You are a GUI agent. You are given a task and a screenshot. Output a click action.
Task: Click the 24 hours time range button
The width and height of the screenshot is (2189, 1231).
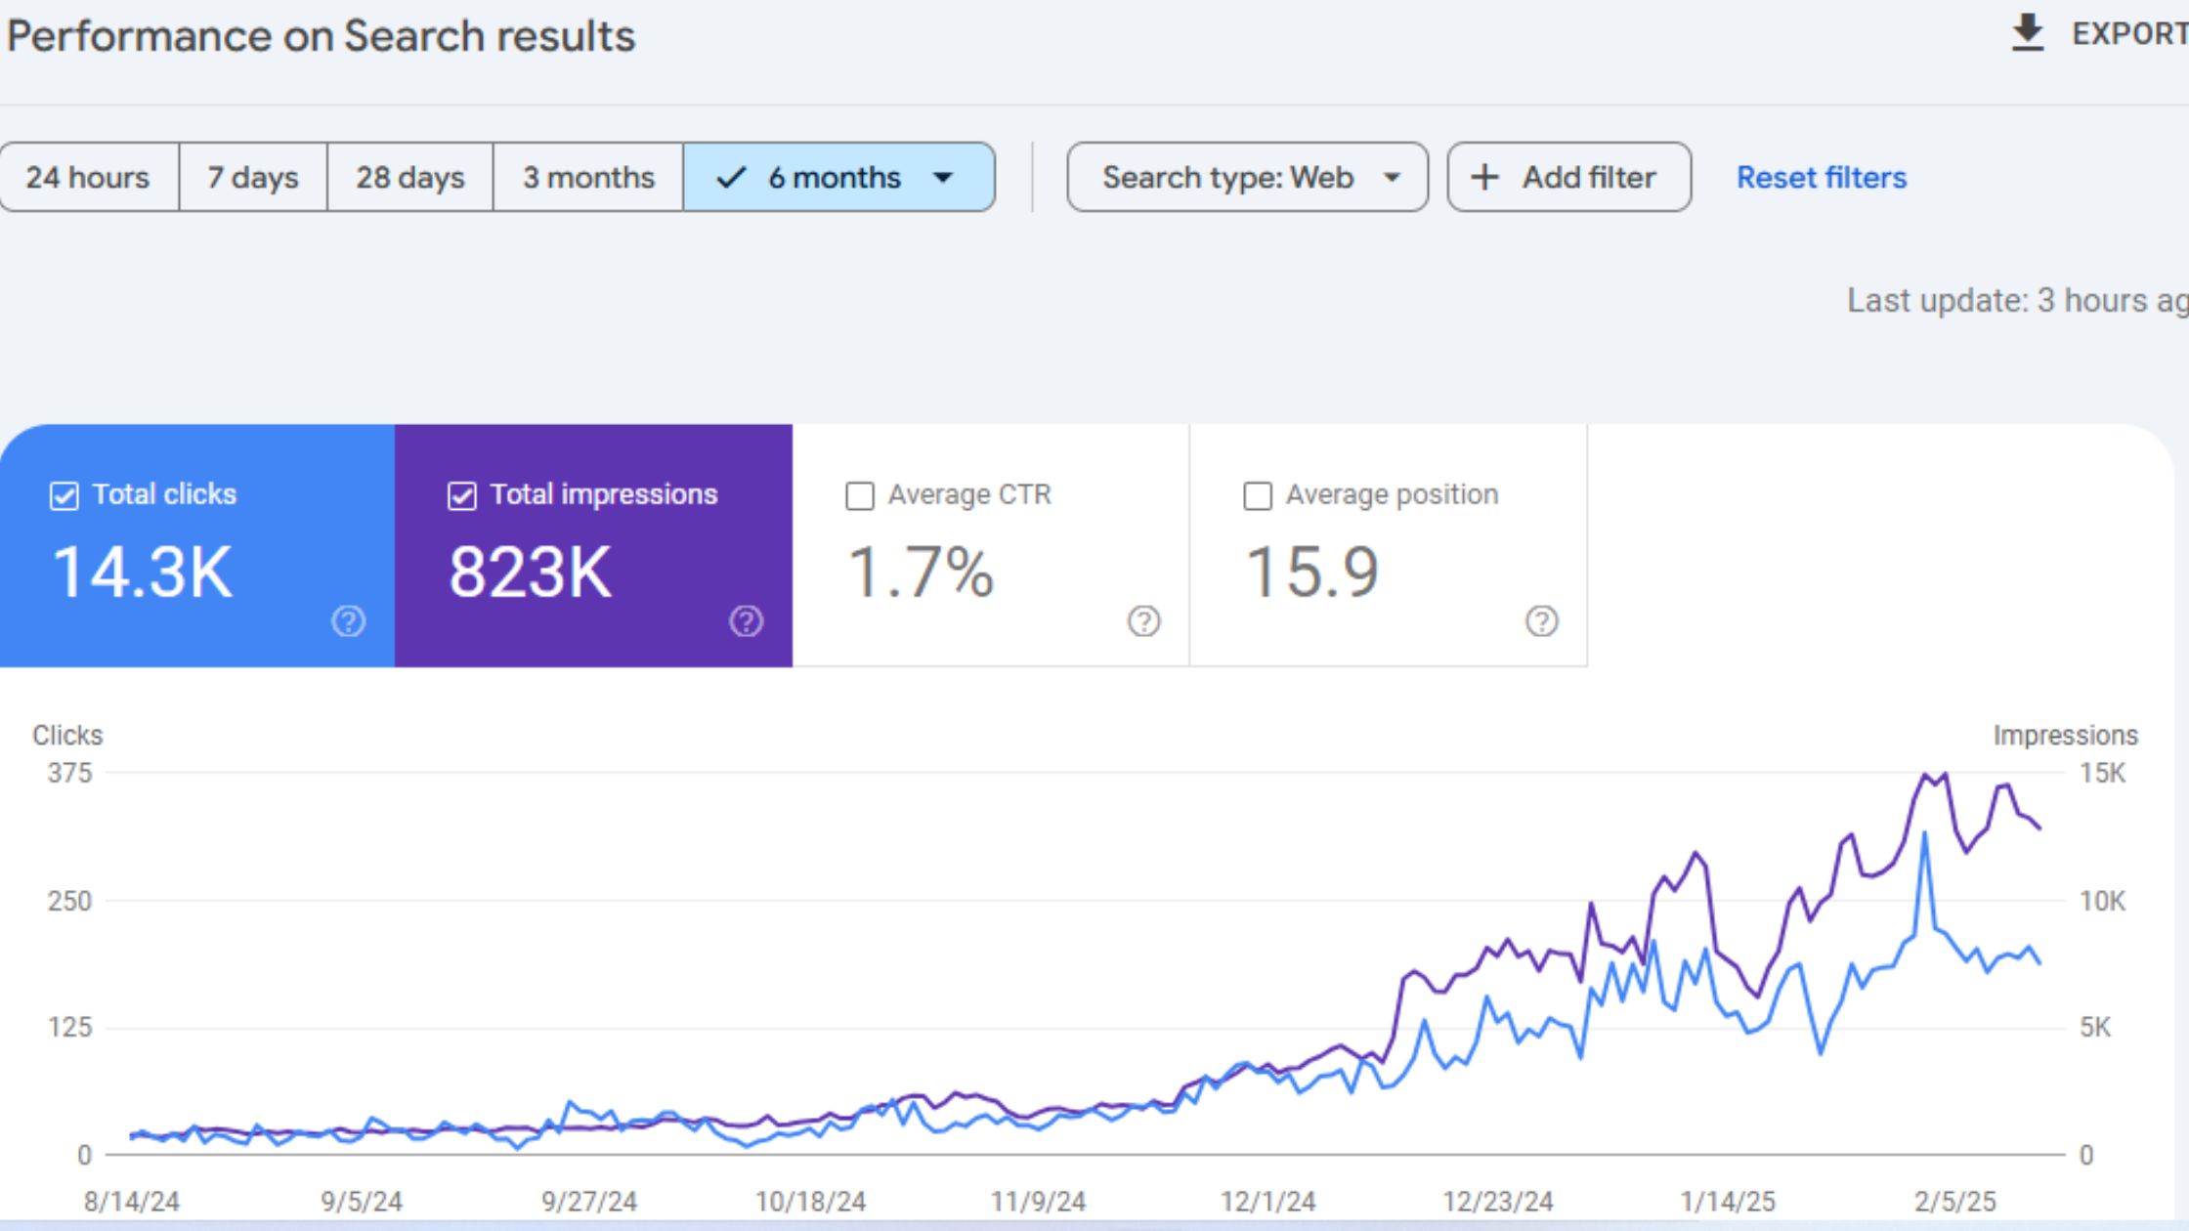(x=88, y=177)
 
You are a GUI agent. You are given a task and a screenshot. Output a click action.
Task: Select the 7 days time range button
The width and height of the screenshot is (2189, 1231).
(x=252, y=177)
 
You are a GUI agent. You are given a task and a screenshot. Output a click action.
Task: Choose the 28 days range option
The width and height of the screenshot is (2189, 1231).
(x=409, y=177)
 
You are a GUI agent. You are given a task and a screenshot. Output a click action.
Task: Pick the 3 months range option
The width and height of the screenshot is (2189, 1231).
(x=588, y=177)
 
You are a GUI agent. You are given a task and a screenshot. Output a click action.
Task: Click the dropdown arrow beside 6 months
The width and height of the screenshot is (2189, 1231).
(x=943, y=177)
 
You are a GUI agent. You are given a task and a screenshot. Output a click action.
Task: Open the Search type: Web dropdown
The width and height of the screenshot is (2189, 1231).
(x=1247, y=177)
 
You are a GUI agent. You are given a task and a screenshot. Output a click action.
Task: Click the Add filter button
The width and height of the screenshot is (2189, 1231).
(x=1568, y=177)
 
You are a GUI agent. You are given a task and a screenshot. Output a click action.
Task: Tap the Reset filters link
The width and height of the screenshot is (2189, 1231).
(x=1821, y=177)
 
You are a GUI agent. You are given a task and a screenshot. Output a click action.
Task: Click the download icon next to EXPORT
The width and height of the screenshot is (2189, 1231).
(x=2028, y=33)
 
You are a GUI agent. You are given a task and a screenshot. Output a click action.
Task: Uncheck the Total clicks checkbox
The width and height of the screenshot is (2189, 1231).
(x=64, y=495)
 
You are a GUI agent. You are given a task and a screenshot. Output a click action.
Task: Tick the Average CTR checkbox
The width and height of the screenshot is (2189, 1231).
(x=860, y=495)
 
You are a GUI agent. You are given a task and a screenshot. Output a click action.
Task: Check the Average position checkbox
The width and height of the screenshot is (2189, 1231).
(x=1258, y=495)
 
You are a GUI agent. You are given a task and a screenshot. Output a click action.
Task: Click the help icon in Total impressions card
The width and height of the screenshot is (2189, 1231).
(x=746, y=621)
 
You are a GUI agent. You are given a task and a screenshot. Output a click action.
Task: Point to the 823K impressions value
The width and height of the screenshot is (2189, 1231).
(x=531, y=572)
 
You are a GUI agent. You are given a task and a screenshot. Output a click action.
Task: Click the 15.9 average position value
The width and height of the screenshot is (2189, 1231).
(x=1311, y=572)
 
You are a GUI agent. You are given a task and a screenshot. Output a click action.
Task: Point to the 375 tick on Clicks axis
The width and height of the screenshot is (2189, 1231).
(x=69, y=773)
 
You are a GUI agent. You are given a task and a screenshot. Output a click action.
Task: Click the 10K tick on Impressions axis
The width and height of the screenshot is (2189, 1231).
(x=2102, y=901)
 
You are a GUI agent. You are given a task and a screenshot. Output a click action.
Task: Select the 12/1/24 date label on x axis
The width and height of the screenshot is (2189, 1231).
(x=1267, y=1201)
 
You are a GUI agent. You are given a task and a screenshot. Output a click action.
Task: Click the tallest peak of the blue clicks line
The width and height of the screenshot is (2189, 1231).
(x=1924, y=834)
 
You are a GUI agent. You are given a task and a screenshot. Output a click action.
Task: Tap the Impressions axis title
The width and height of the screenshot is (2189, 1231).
(x=2065, y=735)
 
